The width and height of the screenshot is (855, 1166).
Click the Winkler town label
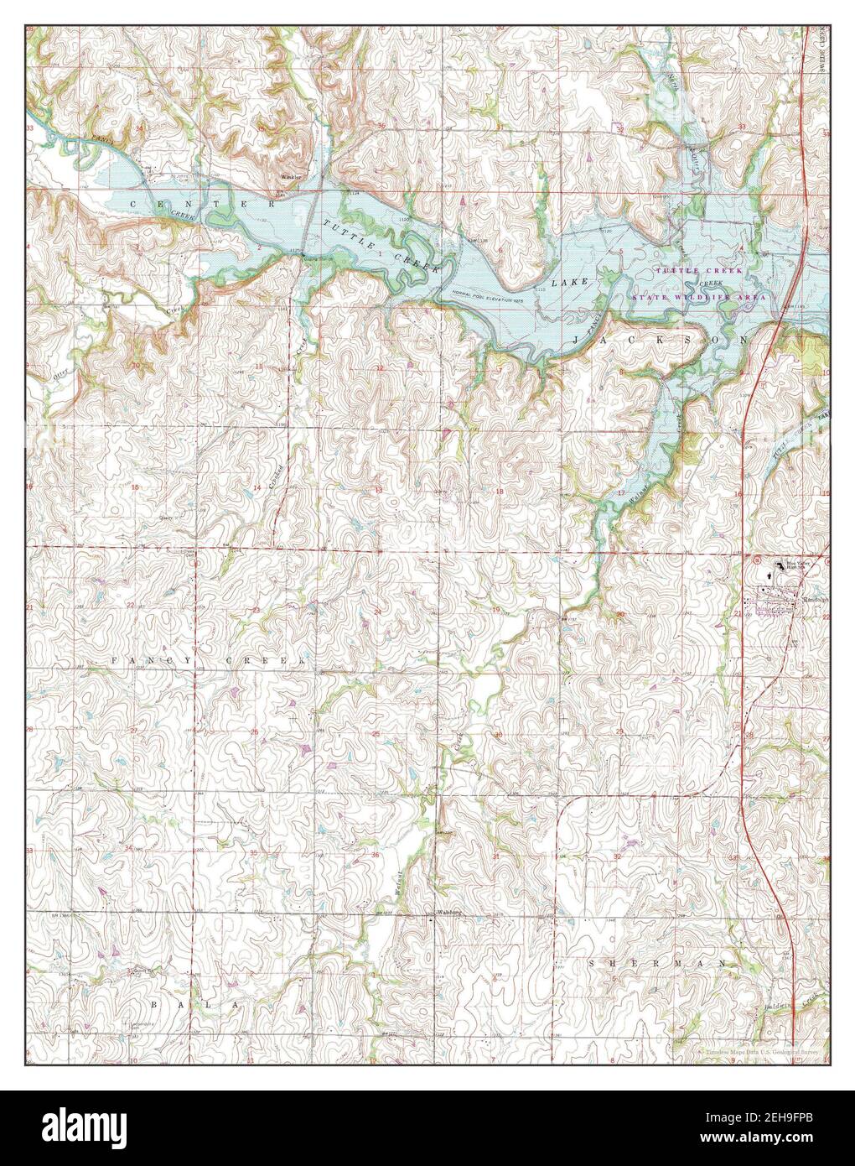pyautogui.click(x=291, y=178)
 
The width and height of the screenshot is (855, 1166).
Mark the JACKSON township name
pyautogui.click(x=660, y=339)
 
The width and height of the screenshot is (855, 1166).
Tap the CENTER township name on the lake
pyautogui.click(x=201, y=204)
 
